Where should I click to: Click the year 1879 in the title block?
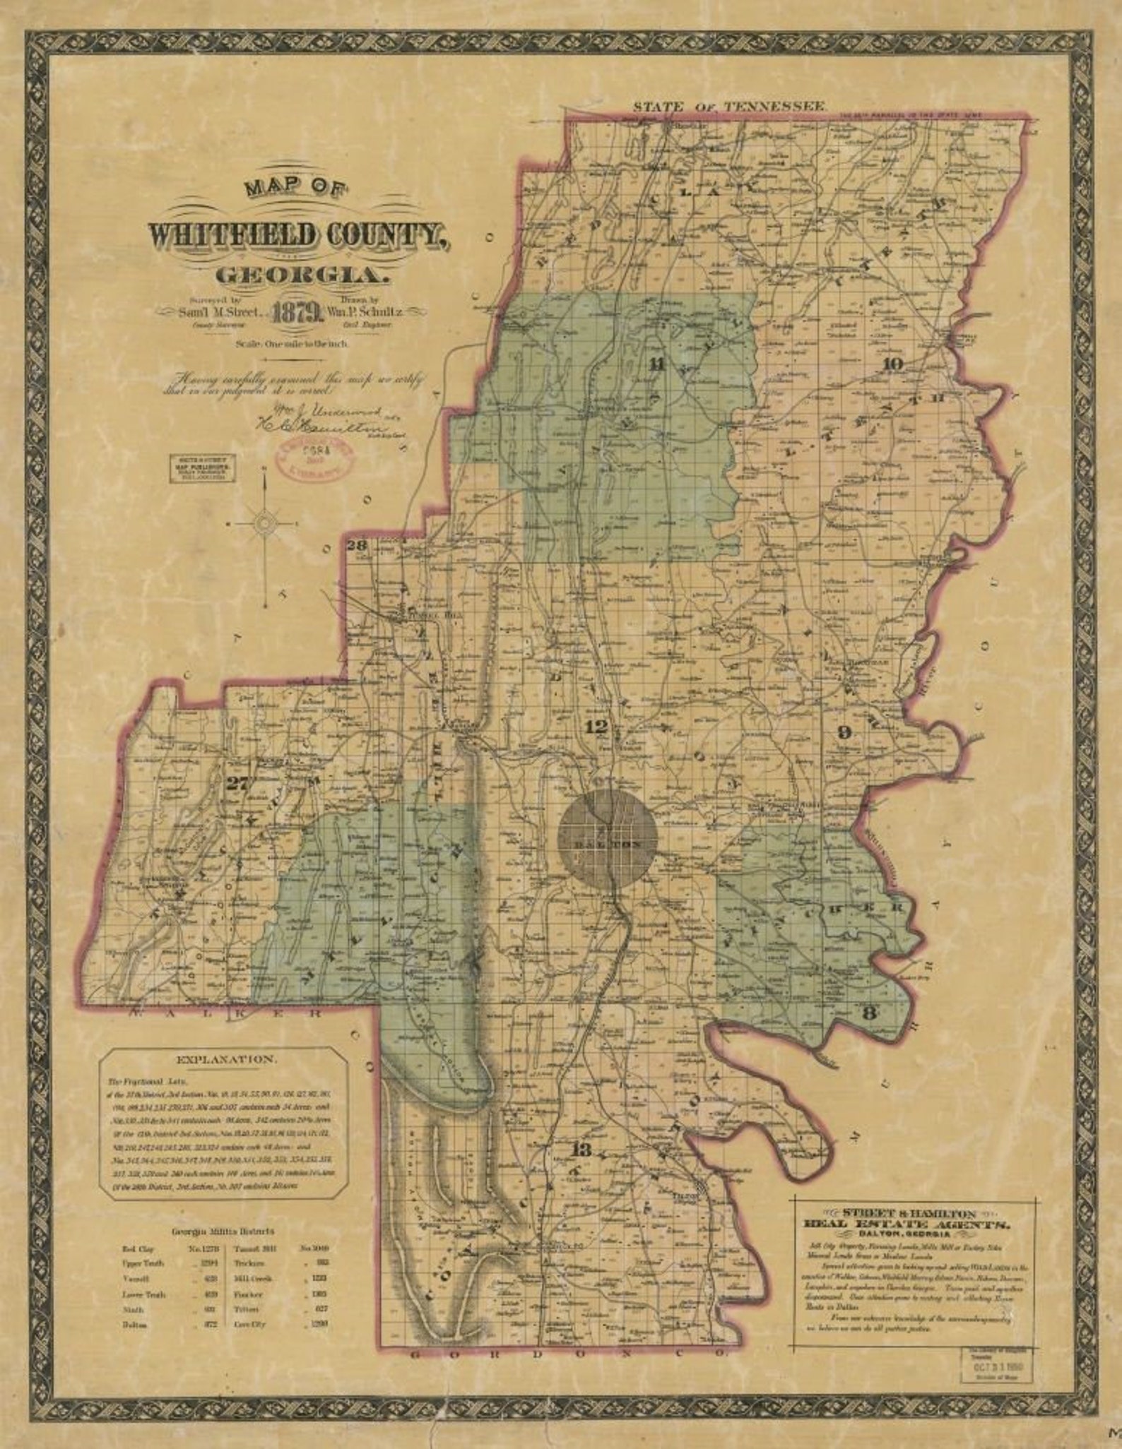tap(300, 311)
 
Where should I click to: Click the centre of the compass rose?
tap(264, 523)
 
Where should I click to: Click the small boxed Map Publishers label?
tap(202, 468)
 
